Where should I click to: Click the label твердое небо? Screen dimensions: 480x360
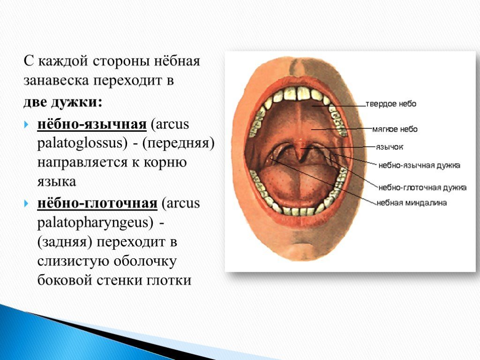pyautogui.click(x=391, y=104)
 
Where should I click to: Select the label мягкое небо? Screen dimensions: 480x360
pyautogui.click(x=395, y=129)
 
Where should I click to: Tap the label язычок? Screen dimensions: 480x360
pyautogui.click(x=390, y=147)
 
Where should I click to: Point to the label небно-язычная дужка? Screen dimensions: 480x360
pyautogui.click(x=419, y=165)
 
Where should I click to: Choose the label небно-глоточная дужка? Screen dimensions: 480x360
pyautogui.click(x=422, y=187)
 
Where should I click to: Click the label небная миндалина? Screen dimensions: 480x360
pyautogui.click(x=412, y=202)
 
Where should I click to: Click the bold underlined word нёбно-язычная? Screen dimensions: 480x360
pyautogui.click(x=92, y=125)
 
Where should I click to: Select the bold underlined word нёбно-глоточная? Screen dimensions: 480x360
pyautogui.click(x=97, y=203)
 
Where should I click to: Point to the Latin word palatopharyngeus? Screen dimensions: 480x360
pyautogui.click(x=95, y=223)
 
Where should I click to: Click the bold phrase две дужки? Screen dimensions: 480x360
pyautogui.click(x=63, y=102)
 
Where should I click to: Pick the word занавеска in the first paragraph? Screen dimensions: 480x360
pyautogui.click(x=56, y=80)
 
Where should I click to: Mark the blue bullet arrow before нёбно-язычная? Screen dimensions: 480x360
pyautogui.click(x=27, y=125)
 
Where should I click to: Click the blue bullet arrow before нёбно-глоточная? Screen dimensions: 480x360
pyautogui.click(x=27, y=203)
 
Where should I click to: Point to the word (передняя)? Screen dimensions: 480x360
pyautogui.click(x=178, y=143)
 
